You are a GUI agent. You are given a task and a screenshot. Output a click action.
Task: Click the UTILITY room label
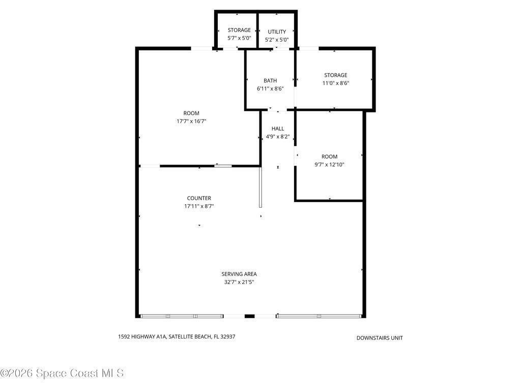point(277,32)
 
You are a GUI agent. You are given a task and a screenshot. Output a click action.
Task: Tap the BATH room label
point(270,81)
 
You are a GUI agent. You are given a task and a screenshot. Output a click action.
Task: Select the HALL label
point(278,129)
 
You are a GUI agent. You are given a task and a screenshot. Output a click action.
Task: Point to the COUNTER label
point(199,198)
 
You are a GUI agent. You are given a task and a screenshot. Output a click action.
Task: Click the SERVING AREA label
point(239,274)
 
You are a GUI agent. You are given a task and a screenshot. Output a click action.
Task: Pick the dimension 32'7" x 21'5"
point(239,282)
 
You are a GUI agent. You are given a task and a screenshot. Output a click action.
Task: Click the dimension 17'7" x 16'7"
point(191,121)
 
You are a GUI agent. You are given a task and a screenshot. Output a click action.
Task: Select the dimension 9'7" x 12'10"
point(329,164)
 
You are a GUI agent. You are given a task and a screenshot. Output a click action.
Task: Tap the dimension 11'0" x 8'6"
point(336,83)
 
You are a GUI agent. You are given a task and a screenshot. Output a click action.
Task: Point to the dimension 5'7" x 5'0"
point(239,38)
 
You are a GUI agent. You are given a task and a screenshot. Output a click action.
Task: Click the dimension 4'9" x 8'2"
point(278,136)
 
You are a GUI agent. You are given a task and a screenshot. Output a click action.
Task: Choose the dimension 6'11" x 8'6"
point(270,89)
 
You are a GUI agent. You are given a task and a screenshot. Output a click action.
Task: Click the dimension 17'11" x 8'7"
point(199,206)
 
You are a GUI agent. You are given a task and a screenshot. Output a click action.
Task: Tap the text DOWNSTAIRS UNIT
point(380,338)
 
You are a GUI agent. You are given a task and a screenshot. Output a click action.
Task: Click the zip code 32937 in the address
point(227,337)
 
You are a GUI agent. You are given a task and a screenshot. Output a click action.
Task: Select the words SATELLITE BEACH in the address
point(190,337)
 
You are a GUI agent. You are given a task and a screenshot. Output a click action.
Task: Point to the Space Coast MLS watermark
point(62,373)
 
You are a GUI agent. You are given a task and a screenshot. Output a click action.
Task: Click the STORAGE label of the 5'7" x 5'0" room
point(239,30)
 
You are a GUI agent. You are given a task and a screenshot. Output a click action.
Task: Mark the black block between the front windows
point(249,316)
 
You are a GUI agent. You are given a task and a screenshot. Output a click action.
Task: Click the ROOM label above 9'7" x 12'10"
point(329,157)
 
